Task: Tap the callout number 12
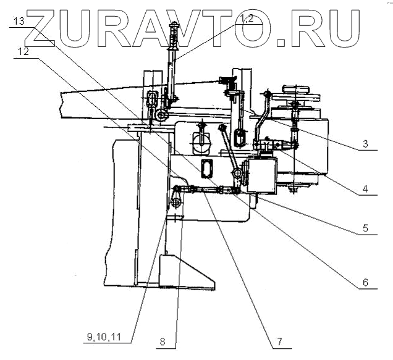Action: point(23,52)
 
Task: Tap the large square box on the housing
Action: point(261,175)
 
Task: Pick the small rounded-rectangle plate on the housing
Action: point(207,167)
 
